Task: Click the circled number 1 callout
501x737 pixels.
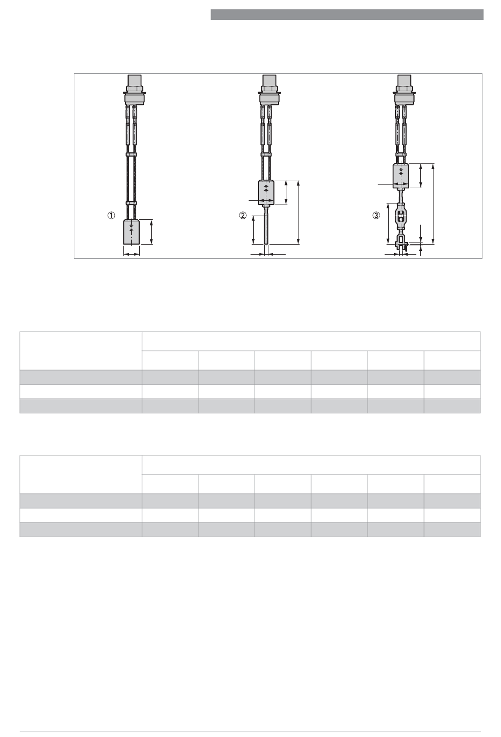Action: pyautogui.click(x=111, y=216)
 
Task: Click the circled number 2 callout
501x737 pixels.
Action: pyautogui.click(x=243, y=216)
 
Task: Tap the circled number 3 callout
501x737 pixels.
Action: pyautogui.click(x=376, y=216)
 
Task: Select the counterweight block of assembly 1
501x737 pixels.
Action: pyautogui.click(x=131, y=232)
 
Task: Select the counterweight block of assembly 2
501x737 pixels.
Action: pyautogui.click(x=266, y=192)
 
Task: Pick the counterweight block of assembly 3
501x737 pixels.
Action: pyautogui.click(x=401, y=176)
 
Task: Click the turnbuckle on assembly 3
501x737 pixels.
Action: pyautogui.click(x=401, y=218)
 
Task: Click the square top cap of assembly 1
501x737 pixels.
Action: pyautogui.click(x=134, y=80)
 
